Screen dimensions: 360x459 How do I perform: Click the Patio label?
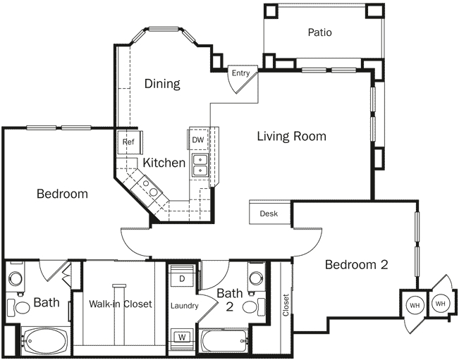pyautogui.click(x=319, y=32)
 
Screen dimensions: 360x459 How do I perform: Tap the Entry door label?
pyautogui.click(x=240, y=73)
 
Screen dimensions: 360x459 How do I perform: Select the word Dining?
pyautogui.click(x=162, y=84)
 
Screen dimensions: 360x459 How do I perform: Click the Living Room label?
pyautogui.click(x=291, y=136)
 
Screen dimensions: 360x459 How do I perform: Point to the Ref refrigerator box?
pyautogui.click(x=128, y=142)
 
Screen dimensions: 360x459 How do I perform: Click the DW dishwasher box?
pyautogui.click(x=198, y=140)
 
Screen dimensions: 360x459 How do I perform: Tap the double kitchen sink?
pyautogui.click(x=200, y=165)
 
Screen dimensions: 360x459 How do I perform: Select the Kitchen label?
pyautogui.click(x=164, y=163)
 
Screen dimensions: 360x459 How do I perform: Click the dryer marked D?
pyautogui.click(x=182, y=279)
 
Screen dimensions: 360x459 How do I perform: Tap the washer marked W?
pyautogui.click(x=182, y=335)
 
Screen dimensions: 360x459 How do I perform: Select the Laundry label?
pyautogui.click(x=185, y=306)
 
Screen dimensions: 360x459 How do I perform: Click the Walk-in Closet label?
pyautogui.click(x=121, y=304)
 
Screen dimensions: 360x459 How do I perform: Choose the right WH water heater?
pyautogui.click(x=440, y=304)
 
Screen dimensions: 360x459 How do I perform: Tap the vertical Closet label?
pyautogui.click(x=286, y=305)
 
